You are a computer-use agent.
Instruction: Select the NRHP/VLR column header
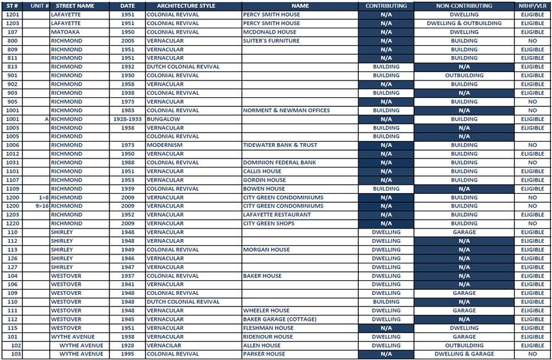point(533,6)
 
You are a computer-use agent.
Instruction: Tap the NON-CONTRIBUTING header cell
point(464,6)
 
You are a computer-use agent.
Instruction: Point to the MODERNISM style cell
point(165,145)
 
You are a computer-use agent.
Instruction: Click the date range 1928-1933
point(127,119)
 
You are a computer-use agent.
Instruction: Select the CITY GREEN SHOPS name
point(269,223)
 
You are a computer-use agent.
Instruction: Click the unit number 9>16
point(42,206)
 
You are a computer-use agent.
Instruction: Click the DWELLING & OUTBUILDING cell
point(464,23)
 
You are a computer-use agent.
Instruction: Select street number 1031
point(12,162)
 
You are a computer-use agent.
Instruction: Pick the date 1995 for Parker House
point(127,354)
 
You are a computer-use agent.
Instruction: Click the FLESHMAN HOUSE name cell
point(268,328)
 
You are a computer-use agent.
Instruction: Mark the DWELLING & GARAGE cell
point(464,354)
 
